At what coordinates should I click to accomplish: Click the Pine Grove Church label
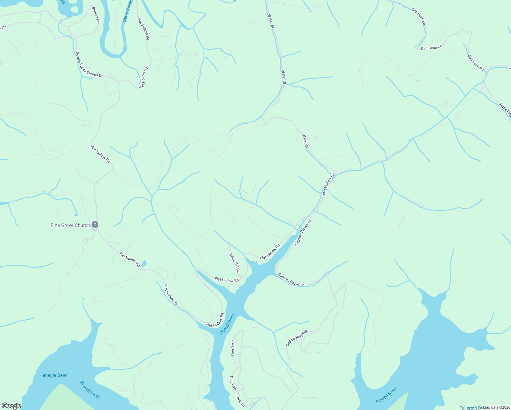pyautogui.click(x=70, y=225)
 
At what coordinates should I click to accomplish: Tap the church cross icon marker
pyautogui.click(x=95, y=225)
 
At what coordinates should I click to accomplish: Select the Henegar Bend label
pyautogui.click(x=54, y=375)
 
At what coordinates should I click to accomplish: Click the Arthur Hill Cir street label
pyautogui.click(x=234, y=262)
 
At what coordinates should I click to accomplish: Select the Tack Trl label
pyautogui.click(x=240, y=401)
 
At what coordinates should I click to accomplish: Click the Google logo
pyautogui.click(x=11, y=406)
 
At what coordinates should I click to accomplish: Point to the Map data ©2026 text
pyautogui.click(x=496, y=407)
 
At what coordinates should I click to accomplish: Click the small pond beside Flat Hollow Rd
pyautogui.click(x=144, y=263)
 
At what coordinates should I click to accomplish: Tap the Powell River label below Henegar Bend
pyautogui.click(x=90, y=390)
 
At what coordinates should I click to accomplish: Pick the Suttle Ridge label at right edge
pyautogui.click(x=505, y=110)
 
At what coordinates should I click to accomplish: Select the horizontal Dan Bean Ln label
pyautogui.click(x=431, y=48)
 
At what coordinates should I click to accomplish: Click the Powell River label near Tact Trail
pyautogui.click(x=227, y=324)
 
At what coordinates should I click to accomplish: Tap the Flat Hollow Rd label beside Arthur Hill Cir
pyautogui.click(x=227, y=280)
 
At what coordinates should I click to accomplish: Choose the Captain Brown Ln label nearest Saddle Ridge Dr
pyautogui.click(x=292, y=279)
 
